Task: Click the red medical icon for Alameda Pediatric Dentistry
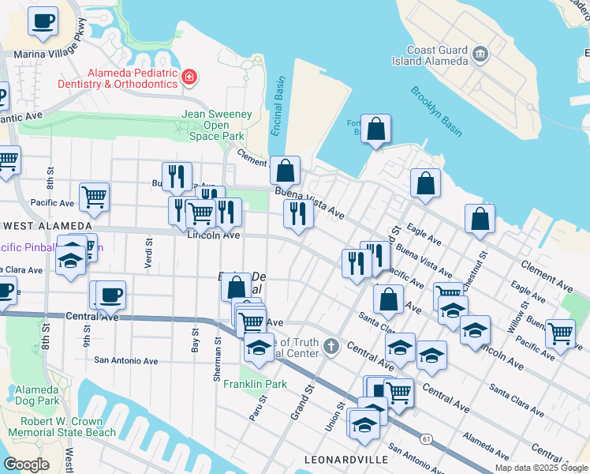(x=189, y=77)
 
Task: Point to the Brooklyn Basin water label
(x=435, y=111)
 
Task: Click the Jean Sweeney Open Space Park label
(x=217, y=125)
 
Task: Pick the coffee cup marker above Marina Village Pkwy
(x=43, y=21)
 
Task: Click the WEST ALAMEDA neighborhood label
(x=38, y=225)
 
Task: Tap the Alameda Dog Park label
(x=36, y=396)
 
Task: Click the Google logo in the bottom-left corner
(x=27, y=464)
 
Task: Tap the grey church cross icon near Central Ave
(x=332, y=346)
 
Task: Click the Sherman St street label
(x=217, y=363)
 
